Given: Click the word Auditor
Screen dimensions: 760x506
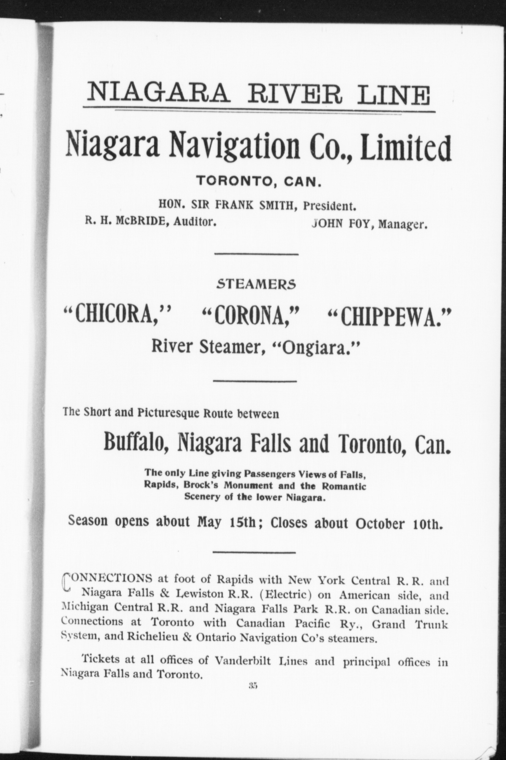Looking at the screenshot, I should point(195,222).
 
